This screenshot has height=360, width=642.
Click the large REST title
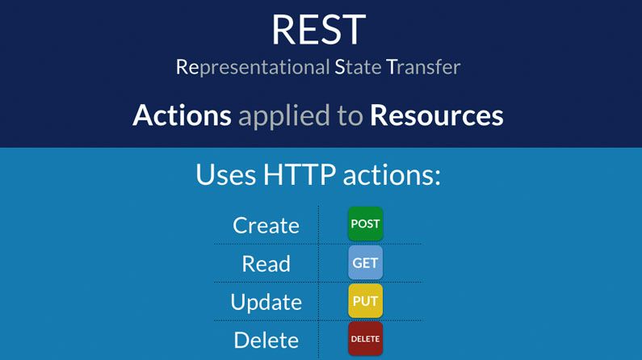tap(318, 29)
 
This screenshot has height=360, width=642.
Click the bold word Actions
tap(182, 115)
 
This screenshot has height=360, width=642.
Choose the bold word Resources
tap(436, 115)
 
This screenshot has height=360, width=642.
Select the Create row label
tap(266, 225)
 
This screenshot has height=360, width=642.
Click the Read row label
tap(266, 263)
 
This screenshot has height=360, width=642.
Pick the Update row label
tap(266, 302)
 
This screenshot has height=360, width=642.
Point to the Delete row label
tap(266, 340)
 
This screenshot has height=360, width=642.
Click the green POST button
tap(365, 224)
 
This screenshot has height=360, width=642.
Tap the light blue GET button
tap(365, 263)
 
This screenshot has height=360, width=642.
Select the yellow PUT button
tap(365, 301)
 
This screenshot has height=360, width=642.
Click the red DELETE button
tap(365, 339)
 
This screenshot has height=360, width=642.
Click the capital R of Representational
tap(181, 67)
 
